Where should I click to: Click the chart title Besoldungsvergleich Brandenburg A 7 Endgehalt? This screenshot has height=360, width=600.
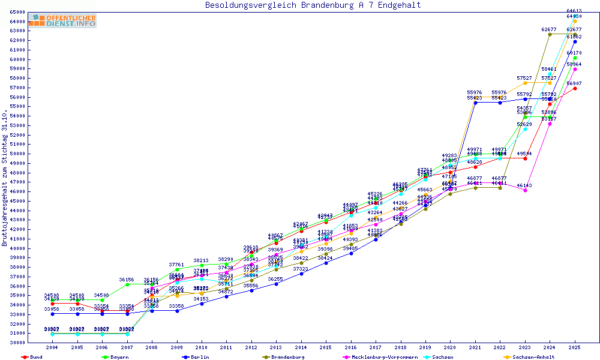point(313,5)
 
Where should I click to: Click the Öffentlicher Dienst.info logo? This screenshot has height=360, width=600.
point(62,21)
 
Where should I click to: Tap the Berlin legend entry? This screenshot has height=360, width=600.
point(200,357)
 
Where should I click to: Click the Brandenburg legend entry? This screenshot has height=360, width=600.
point(287,357)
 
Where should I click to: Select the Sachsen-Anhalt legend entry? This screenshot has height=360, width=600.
point(533,357)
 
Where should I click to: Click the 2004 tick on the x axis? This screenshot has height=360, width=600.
point(52,347)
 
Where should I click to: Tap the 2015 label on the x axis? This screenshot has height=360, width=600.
point(326,347)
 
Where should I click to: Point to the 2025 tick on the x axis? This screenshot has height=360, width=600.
point(575,347)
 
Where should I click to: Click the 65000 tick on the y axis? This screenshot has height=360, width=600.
point(17,12)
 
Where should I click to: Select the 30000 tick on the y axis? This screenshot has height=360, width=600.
point(17,343)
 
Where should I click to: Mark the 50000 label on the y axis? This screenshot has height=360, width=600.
point(17,154)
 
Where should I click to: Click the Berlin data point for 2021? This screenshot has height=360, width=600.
point(475,103)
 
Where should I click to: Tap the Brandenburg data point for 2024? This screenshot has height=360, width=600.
point(550,34)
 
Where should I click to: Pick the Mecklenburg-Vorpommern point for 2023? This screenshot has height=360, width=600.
point(525,190)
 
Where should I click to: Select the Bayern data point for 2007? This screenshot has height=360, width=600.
point(127,284)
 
